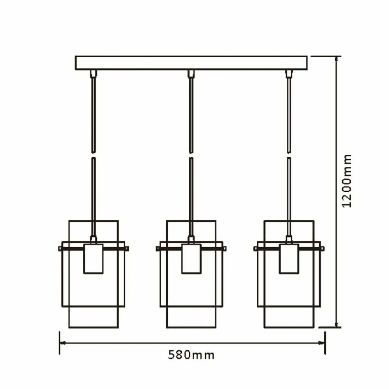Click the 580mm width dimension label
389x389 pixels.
[191, 355]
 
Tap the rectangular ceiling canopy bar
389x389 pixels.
[191, 63]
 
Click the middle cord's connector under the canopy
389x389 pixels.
[191, 74]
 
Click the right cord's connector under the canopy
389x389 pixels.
[289, 74]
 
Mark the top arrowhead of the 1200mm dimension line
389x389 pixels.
[336, 59]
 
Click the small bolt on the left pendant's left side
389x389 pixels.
[60, 249]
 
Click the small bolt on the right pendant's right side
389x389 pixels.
[322, 249]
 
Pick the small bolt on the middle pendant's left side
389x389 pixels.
[158, 249]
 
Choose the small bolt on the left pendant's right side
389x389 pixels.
[127, 249]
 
